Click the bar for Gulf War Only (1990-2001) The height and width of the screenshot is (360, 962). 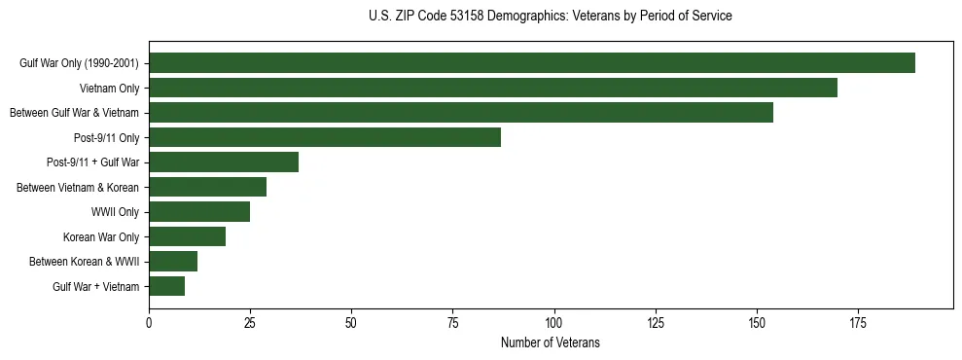532,63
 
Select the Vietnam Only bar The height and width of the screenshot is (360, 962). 493,88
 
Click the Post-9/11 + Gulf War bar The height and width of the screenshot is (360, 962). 224,162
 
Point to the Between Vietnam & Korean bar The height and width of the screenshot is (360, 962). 207,187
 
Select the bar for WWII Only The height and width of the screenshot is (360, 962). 199,212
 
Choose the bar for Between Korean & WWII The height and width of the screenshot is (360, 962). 173,262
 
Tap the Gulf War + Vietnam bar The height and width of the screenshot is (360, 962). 167,286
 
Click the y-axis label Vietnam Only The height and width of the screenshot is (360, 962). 109,89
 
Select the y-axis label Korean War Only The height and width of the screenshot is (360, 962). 101,237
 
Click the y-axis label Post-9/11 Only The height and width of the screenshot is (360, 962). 107,138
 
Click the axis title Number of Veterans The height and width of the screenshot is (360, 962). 550,342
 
